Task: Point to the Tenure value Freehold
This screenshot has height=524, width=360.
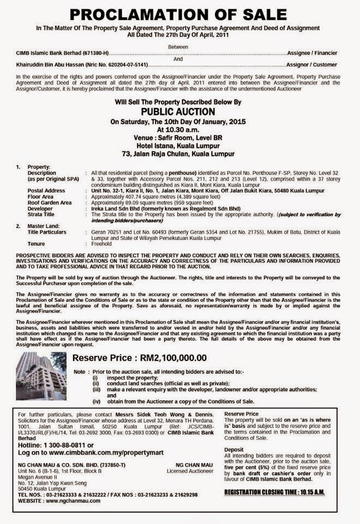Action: tap(102, 243)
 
